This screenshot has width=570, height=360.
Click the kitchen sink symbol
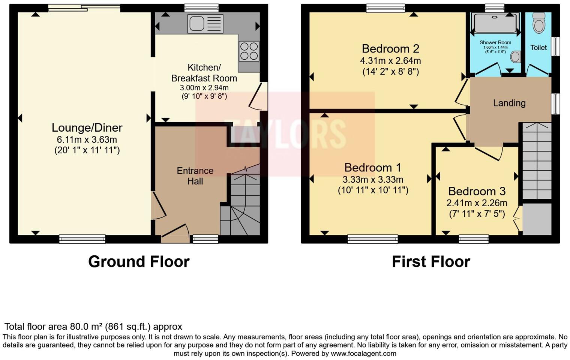tap(205, 24)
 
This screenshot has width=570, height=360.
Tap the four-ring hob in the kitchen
tap(249, 51)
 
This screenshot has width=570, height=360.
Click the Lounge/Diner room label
tap(87, 128)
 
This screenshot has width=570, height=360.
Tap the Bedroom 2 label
tap(390, 49)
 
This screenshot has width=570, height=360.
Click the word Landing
tap(509, 103)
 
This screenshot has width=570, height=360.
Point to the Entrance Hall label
tap(195, 176)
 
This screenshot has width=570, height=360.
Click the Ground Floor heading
tap(139, 262)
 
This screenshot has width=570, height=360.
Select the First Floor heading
tap(431, 262)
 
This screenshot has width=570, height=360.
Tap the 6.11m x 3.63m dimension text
tap(87, 140)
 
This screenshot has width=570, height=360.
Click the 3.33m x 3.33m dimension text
tap(373, 180)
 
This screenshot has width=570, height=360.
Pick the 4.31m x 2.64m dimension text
tap(390, 61)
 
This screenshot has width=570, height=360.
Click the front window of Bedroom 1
tap(372, 239)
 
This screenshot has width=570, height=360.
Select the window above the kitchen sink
tap(201, 8)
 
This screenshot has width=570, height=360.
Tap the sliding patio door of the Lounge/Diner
tap(84, 8)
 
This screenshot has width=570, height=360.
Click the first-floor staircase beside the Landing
tap(537, 161)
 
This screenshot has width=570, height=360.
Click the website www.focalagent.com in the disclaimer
tap(363, 353)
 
